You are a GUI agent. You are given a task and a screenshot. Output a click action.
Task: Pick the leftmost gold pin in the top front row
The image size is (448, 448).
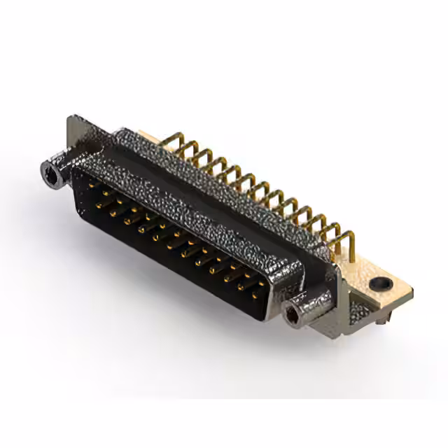click(92, 185)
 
